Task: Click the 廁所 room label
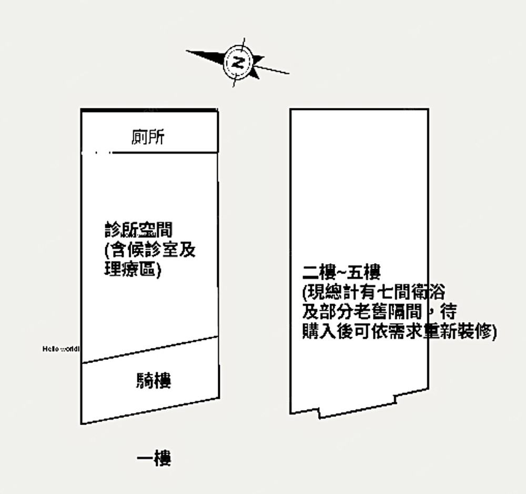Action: tap(148, 137)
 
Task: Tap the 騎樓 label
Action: tap(154, 380)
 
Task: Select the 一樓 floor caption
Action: tap(154, 459)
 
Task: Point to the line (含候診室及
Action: tap(150, 250)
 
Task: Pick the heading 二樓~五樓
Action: tap(341, 273)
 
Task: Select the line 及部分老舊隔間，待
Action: tap(378, 312)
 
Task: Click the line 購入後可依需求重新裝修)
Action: tap(399, 332)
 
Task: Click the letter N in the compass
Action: tap(239, 63)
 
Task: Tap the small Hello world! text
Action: tap(60, 348)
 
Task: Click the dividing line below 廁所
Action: tap(164, 153)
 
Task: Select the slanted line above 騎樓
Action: tap(149, 350)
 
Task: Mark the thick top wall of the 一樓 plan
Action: tap(149, 110)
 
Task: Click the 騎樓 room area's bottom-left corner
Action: tap(82, 423)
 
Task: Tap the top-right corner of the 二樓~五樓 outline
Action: tap(428, 110)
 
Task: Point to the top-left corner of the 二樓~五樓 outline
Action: tap(291, 110)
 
